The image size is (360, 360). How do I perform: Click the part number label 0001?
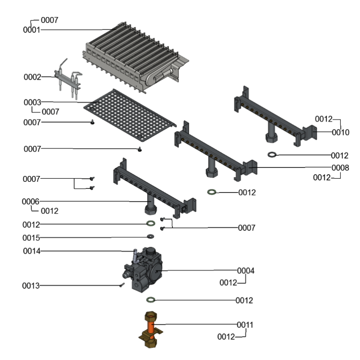coord(31,30)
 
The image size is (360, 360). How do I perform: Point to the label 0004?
coord(246,270)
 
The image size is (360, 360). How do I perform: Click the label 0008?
coord(340,167)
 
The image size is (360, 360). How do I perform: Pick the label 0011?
coord(246,324)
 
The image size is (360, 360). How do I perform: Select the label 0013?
coord(31,285)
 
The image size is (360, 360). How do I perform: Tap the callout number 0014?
coord(31,251)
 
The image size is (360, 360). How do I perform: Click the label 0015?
coord(31,237)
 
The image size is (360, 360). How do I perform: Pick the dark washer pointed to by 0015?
coord(150,237)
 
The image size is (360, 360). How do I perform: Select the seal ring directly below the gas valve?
coord(151,300)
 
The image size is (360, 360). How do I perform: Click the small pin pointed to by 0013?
coord(121,284)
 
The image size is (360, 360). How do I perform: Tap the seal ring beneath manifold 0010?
coord(273,155)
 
